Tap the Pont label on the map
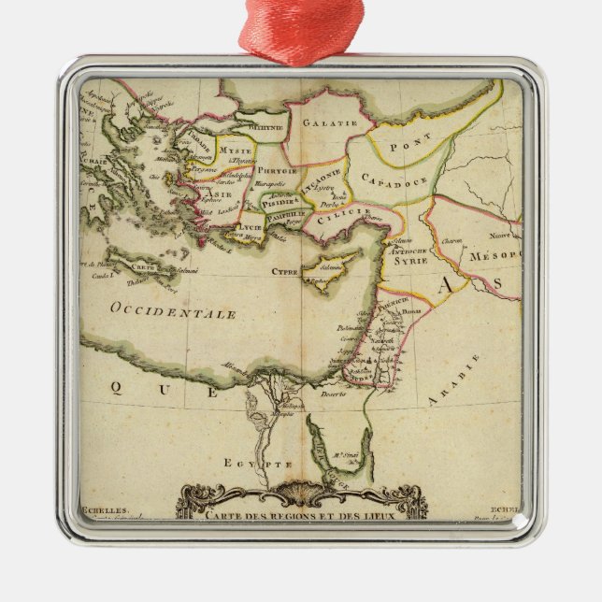click(410, 142)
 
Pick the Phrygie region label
click(278, 171)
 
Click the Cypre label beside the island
click(285, 272)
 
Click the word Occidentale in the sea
click(173, 311)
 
